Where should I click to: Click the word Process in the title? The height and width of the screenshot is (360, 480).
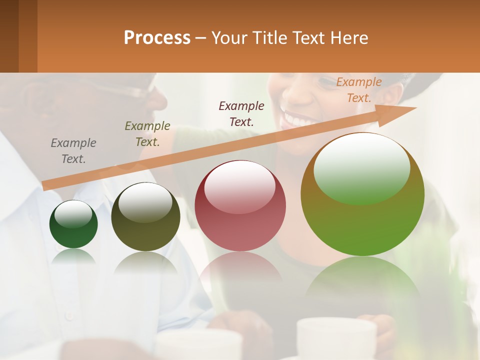click(157, 38)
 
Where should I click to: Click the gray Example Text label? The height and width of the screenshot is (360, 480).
click(73, 151)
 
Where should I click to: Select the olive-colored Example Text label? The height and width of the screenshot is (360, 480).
click(147, 134)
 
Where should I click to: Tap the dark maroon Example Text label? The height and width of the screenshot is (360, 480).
click(241, 113)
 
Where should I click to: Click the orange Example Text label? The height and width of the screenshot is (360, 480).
click(358, 90)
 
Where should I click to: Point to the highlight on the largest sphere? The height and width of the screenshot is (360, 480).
click(362, 167)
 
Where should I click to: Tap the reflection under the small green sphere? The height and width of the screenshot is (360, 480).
click(73, 256)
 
